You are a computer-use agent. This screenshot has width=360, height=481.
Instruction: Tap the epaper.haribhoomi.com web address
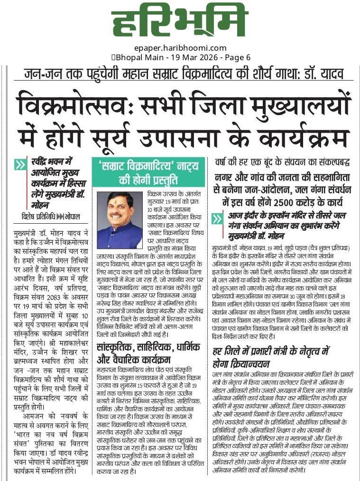(180, 48)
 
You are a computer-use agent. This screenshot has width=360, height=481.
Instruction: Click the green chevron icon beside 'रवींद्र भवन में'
(20, 165)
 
